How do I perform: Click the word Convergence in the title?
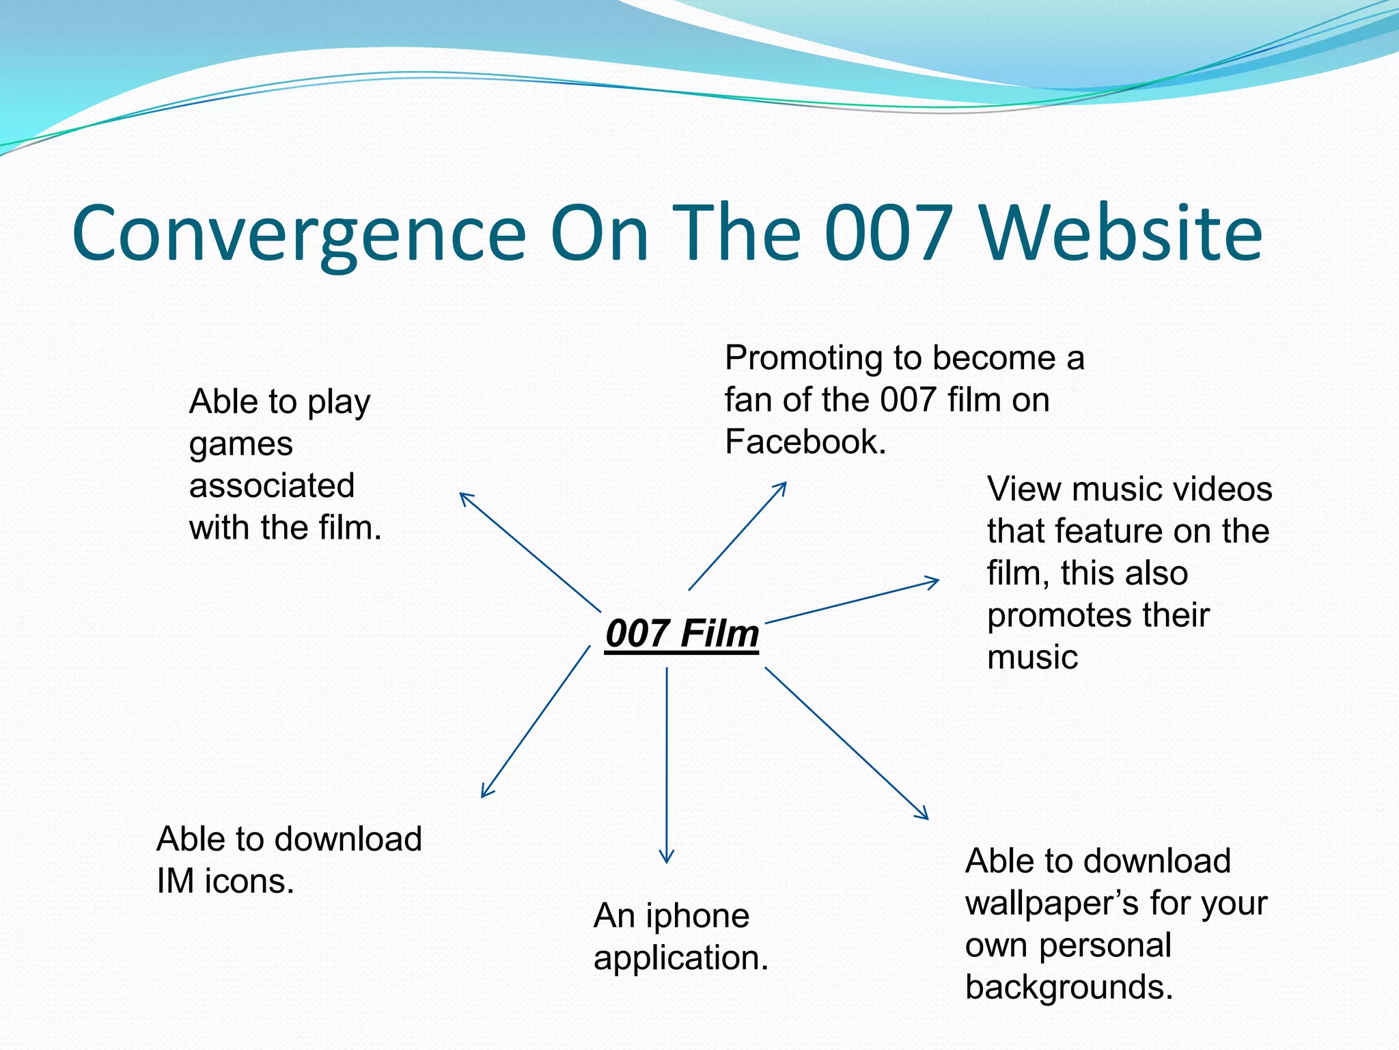299,234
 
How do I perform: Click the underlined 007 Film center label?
682,634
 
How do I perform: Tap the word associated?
272,486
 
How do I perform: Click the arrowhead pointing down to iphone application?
667,857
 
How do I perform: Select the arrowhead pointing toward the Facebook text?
781,487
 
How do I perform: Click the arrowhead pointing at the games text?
465,497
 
